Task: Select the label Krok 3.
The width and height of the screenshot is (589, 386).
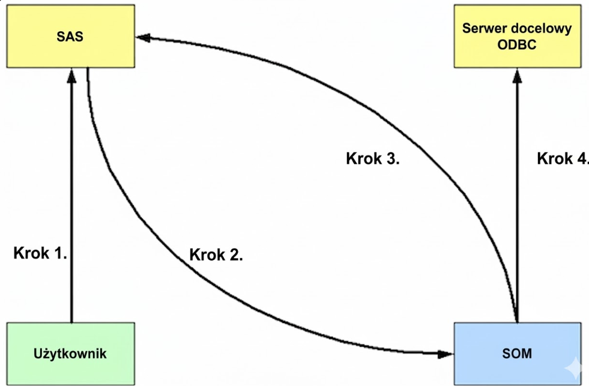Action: [373, 159]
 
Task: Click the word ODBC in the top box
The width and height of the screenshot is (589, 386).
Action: [517, 46]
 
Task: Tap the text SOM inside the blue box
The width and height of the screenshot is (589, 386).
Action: [517, 353]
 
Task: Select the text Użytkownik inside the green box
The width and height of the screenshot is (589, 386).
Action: [71, 353]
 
